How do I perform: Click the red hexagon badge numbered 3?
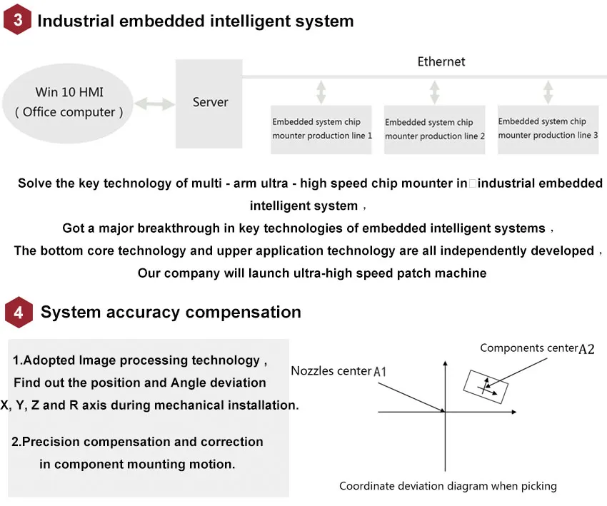(x=18, y=20)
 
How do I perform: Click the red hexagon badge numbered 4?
(x=19, y=313)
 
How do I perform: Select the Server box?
(x=210, y=103)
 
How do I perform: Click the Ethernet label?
(x=441, y=62)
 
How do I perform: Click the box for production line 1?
(x=322, y=129)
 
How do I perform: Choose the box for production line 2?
(x=434, y=129)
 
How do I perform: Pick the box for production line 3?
(x=548, y=128)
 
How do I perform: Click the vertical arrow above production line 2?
(x=434, y=93)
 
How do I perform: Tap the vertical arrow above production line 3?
(x=548, y=93)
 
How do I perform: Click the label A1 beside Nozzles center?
(x=381, y=372)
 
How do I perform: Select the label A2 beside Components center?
(x=586, y=349)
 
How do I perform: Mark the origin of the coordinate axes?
(x=445, y=412)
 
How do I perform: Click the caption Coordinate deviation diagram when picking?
(x=448, y=486)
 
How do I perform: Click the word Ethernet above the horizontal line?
(x=441, y=62)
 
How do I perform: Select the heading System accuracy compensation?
(x=171, y=313)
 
